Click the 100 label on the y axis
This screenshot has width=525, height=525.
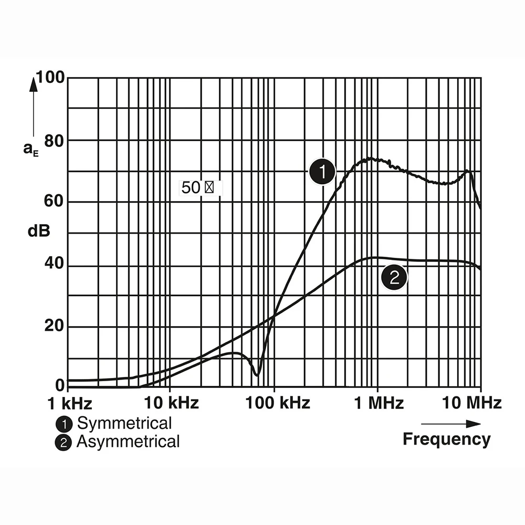tap(50, 77)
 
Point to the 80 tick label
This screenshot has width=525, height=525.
tap(54, 141)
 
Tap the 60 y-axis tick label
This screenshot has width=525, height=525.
tap(54, 201)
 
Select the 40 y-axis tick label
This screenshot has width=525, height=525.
tap(54, 263)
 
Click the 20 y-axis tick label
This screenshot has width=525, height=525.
tap(54, 326)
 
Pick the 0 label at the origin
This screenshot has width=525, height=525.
tap(60, 385)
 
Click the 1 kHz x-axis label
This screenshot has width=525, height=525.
tap(70, 403)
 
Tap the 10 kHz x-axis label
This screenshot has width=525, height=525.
tap(171, 403)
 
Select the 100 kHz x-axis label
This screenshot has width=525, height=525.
tap(278, 403)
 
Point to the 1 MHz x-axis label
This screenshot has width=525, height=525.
tap(379, 403)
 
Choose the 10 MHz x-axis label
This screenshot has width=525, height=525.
tap(472, 403)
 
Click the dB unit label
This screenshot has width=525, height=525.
tap(39, 231)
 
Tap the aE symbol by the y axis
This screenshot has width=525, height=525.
tap(31, 149)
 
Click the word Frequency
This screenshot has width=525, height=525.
tap(447, 439)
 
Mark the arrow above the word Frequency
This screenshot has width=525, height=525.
tap(451, 424)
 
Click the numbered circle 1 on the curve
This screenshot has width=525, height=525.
tap(322, 171)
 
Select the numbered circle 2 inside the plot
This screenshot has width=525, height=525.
tap(394, 277)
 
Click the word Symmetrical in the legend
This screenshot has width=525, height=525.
tap(124, 424)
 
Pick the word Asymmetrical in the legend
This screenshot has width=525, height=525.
tap(128, 442)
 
